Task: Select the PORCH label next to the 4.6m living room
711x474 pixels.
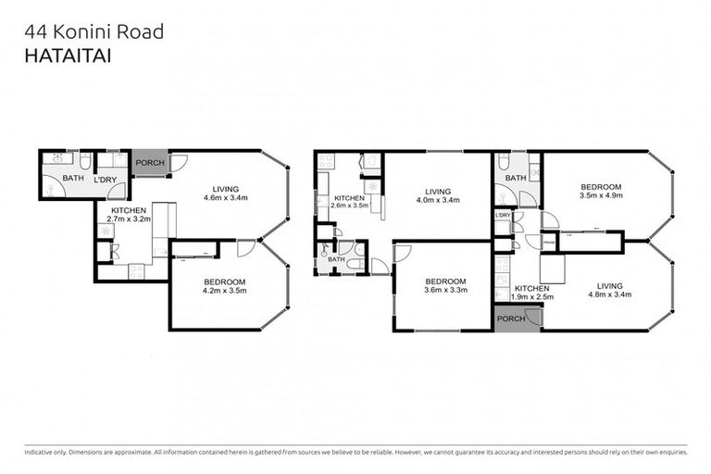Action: [150, 164]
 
